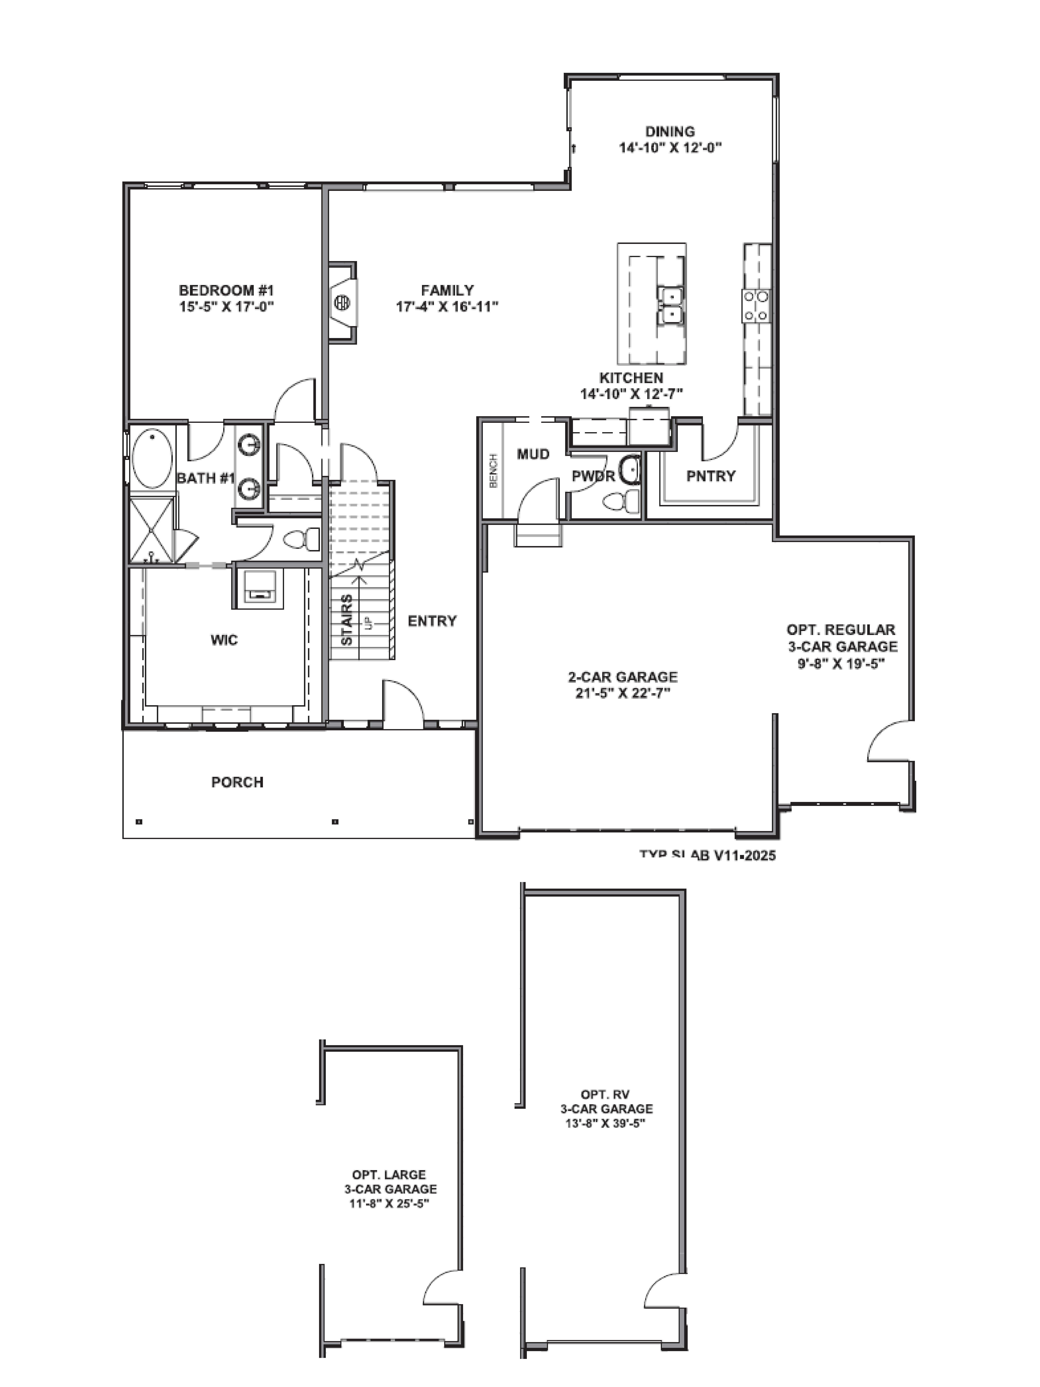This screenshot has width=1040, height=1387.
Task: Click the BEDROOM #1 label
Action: click(226, 290)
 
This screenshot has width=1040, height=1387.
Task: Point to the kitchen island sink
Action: click(669, 304)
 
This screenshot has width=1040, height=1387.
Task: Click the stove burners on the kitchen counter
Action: click(757, 305)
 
